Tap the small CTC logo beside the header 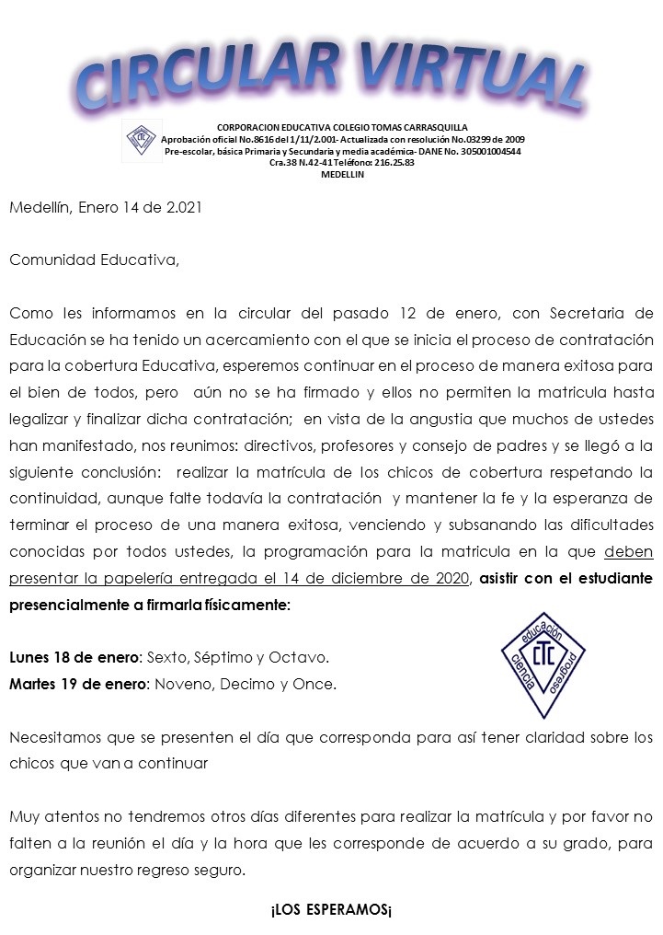(x=143, y=140)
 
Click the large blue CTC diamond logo (x=543, y=664)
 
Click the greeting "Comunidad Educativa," (x=95, y=260)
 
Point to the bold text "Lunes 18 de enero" (x=73, y=658)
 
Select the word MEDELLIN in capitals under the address (x=342, y=174)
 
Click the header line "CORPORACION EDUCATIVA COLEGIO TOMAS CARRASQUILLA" (x=342, y=127)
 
